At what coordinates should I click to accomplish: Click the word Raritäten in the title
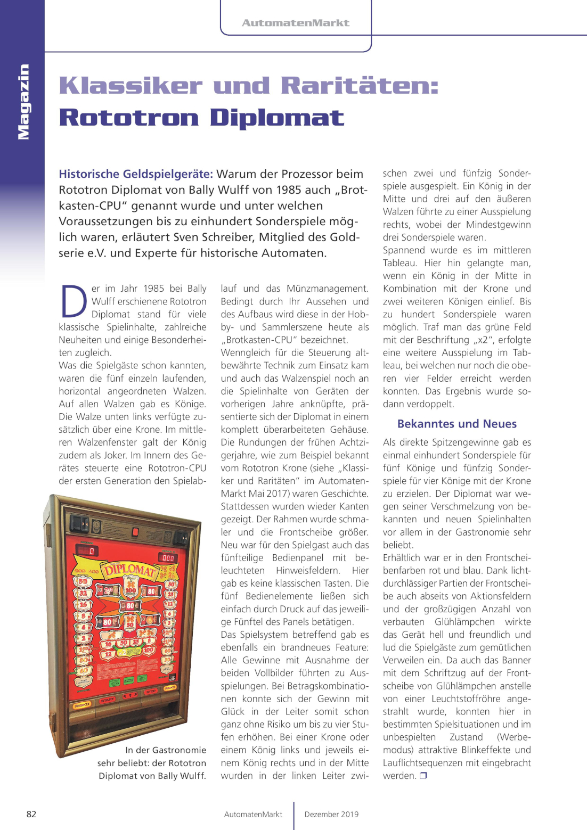tap(360, 86)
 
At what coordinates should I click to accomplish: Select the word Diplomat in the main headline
tap(277, 118)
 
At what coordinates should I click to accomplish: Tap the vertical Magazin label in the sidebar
tap(23, 101)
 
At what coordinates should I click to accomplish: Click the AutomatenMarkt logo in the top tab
tap(296, 23)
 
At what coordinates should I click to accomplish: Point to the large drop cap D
tap(74, 301)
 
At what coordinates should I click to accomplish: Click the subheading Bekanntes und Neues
tap(456, 424)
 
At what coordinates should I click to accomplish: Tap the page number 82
tap(31, 814)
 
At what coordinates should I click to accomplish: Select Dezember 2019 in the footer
tap(331, 814)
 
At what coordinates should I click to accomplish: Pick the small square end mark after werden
tap(423, 776)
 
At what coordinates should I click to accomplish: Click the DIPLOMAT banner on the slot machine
tap(129, 570)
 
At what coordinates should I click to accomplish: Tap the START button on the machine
tap(107, 700)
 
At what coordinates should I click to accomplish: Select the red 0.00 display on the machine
tap(168, 557)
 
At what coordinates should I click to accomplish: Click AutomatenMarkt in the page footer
tap(253, 814)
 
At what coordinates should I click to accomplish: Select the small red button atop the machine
tap(135, 532)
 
